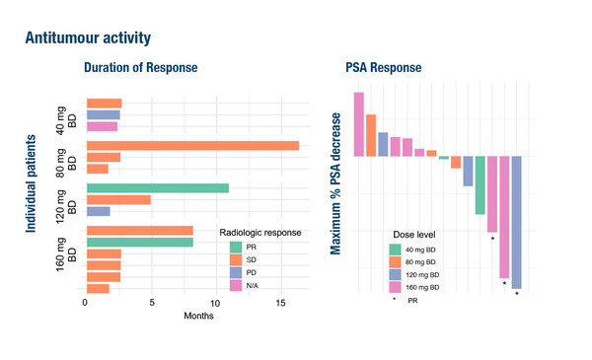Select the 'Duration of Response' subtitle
[140, 68]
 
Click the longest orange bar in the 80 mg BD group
[192, 145]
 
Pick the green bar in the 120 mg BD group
[158, 187]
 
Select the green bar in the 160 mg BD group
[140, 243]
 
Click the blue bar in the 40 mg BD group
[104, 114]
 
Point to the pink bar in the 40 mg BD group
[102, 126]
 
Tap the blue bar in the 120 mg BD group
[99, 211]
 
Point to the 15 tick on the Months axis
[280, 304]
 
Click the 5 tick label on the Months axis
[151, 304]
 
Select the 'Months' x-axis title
[197, 316]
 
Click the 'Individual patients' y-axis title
[32, 184]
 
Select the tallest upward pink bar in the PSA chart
[359, 123]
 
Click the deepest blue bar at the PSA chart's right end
[516, 222]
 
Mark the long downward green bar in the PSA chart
[480, 184]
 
